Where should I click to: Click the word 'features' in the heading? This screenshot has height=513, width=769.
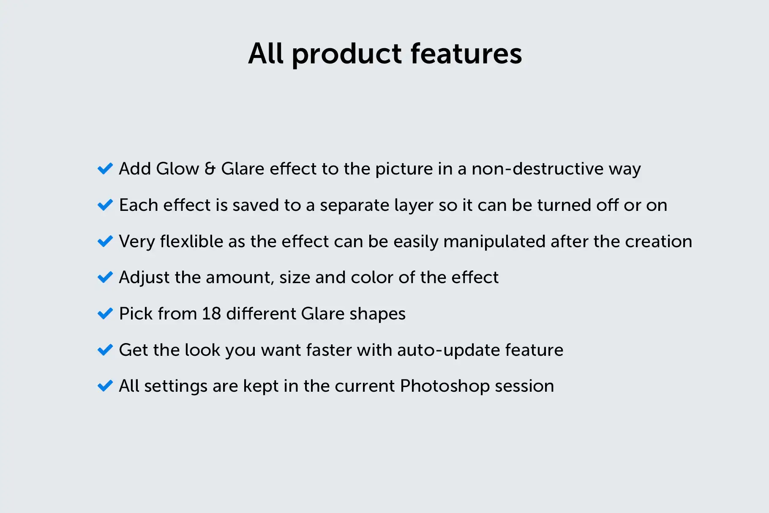pos(466,54)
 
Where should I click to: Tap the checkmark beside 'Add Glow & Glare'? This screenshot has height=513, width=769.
pos(105,169)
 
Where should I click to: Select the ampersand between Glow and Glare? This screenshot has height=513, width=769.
pos(210,169)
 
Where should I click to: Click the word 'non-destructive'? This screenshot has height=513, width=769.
pos(537,169)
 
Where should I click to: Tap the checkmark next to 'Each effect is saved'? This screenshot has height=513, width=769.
pos(105,205)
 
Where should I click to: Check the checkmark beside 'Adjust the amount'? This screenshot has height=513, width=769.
pos(105,278)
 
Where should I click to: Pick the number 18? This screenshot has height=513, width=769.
pos(211,314)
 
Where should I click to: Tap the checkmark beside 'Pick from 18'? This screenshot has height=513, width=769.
pos(105,314)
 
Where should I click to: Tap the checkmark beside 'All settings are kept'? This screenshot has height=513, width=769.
pos(105,386)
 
